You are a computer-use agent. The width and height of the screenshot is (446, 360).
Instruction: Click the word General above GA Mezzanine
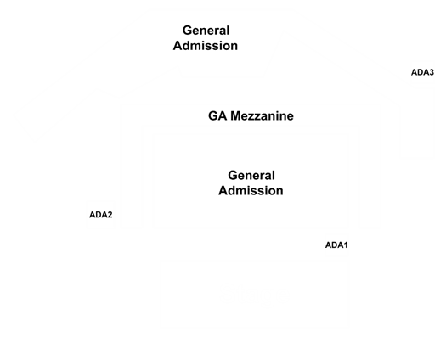206,31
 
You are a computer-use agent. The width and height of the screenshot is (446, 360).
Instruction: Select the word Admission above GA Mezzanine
206,46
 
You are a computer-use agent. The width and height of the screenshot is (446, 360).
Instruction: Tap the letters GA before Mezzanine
217,116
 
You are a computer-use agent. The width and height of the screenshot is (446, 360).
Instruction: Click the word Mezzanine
262,116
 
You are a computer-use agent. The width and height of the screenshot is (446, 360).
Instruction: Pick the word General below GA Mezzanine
251,176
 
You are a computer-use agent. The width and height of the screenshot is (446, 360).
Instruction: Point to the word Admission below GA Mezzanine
251,190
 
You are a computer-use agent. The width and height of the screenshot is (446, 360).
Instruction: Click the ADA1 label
336,245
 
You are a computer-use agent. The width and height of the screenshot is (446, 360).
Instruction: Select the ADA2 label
101,215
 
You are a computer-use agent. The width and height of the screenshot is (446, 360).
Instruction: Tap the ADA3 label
422,72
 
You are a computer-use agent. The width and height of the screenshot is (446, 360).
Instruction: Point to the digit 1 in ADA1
345,245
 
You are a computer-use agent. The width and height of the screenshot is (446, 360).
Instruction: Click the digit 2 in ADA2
110,215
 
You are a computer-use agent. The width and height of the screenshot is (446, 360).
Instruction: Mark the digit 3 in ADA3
432,72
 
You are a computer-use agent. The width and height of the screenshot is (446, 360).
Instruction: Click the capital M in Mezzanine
235,116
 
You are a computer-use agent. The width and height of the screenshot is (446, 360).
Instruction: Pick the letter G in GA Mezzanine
213,116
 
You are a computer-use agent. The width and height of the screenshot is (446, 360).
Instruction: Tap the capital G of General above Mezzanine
187,31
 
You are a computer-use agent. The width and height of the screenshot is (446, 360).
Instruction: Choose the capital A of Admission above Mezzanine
178,46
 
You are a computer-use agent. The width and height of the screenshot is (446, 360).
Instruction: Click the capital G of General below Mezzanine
233,176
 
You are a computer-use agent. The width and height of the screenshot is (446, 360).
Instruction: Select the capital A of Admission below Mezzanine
223,190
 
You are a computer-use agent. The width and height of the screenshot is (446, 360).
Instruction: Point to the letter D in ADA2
98,215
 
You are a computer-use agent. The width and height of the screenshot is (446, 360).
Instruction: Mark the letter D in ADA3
420,72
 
